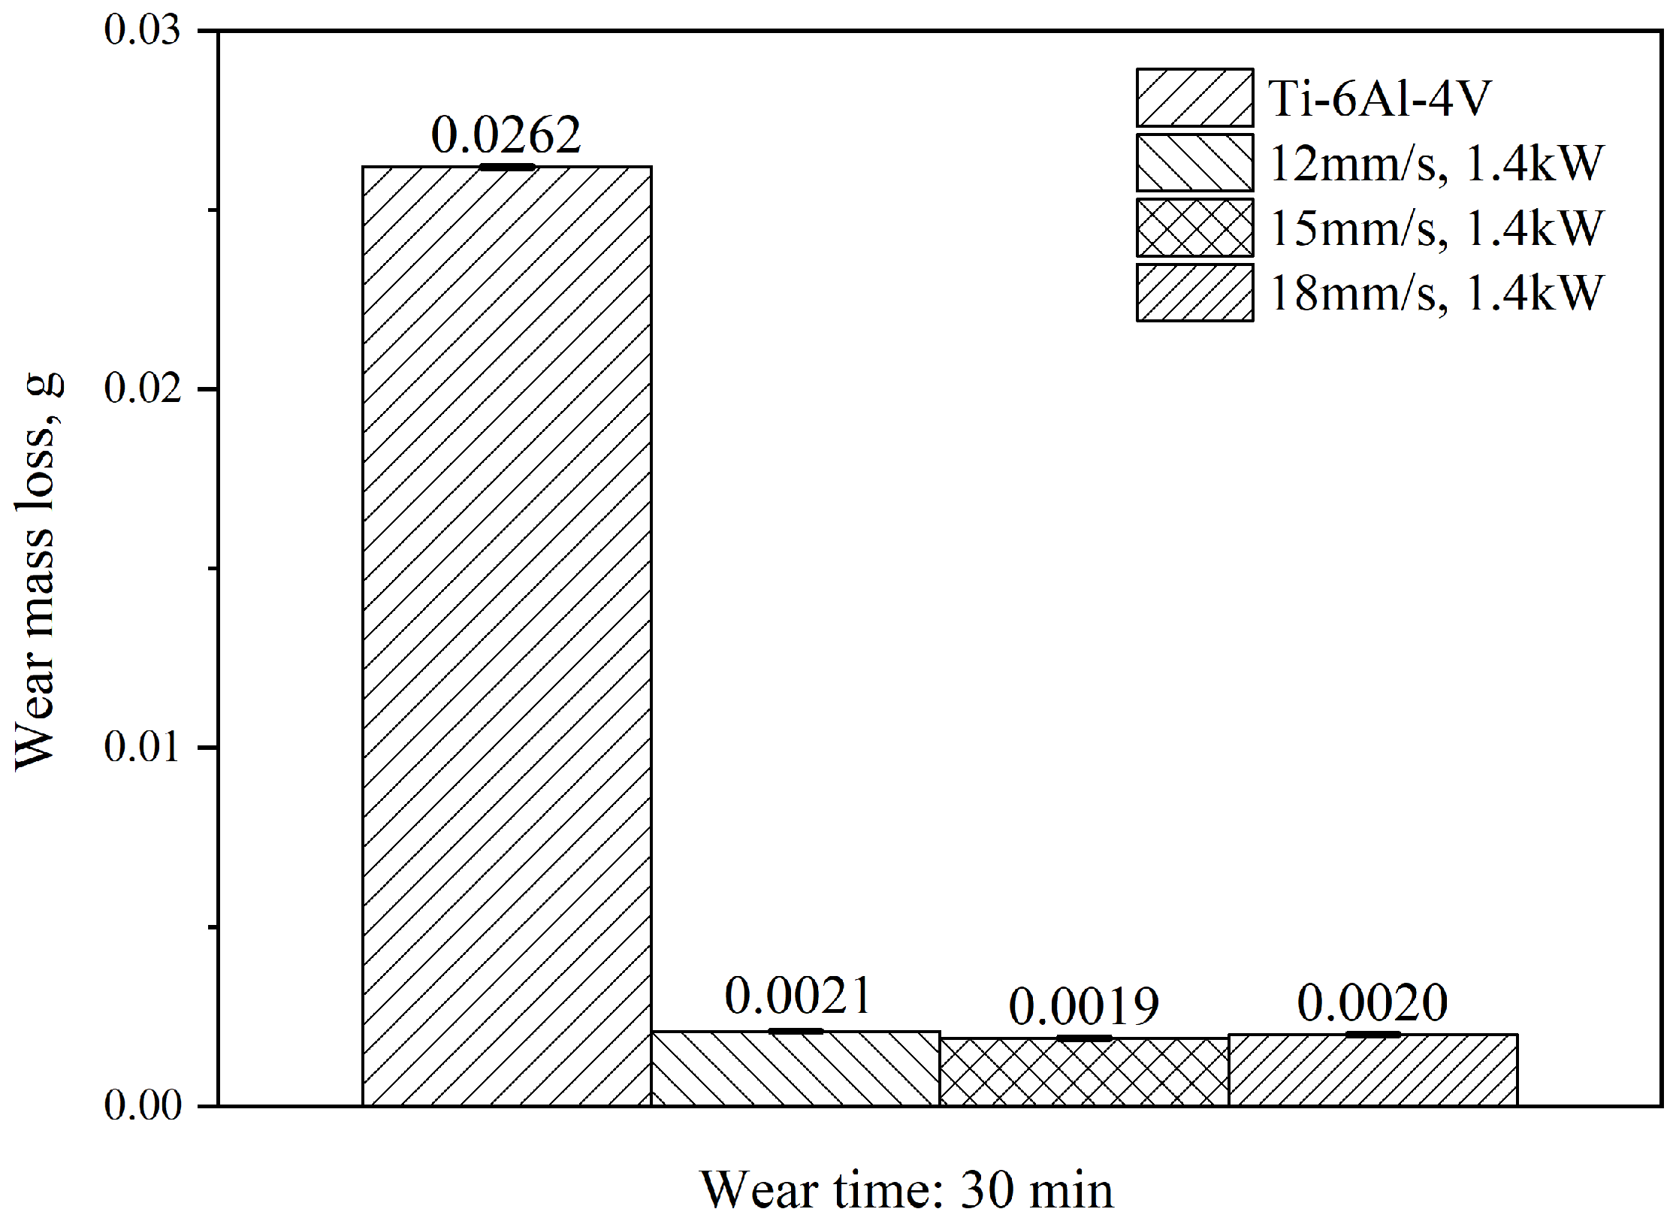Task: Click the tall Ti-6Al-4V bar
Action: pos(506,635)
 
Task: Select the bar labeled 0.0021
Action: pos(795,1068)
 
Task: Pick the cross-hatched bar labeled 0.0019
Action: pos(1084,1071)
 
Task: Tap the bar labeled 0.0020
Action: pos(1372,1070)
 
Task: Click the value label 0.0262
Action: pos(506,135)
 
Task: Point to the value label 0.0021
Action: pos(797,996)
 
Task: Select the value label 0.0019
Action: pos(1084,1007)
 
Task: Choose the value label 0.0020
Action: pos(1372,1003)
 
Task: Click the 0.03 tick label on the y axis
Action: pos(143,32)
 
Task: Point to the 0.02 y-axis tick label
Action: pos(143,389)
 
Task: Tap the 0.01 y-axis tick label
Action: pos(143,747)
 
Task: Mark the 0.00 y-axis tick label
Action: pos(143,1105)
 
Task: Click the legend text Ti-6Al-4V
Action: pos(1379,98)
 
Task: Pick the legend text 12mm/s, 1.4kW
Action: pos(1436,163)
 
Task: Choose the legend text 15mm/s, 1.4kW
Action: pos(1436,228)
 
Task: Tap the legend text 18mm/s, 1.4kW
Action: pos(1436,292)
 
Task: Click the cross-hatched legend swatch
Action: pos(1194,228)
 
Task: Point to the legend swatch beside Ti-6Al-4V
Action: pos(1194,98)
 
